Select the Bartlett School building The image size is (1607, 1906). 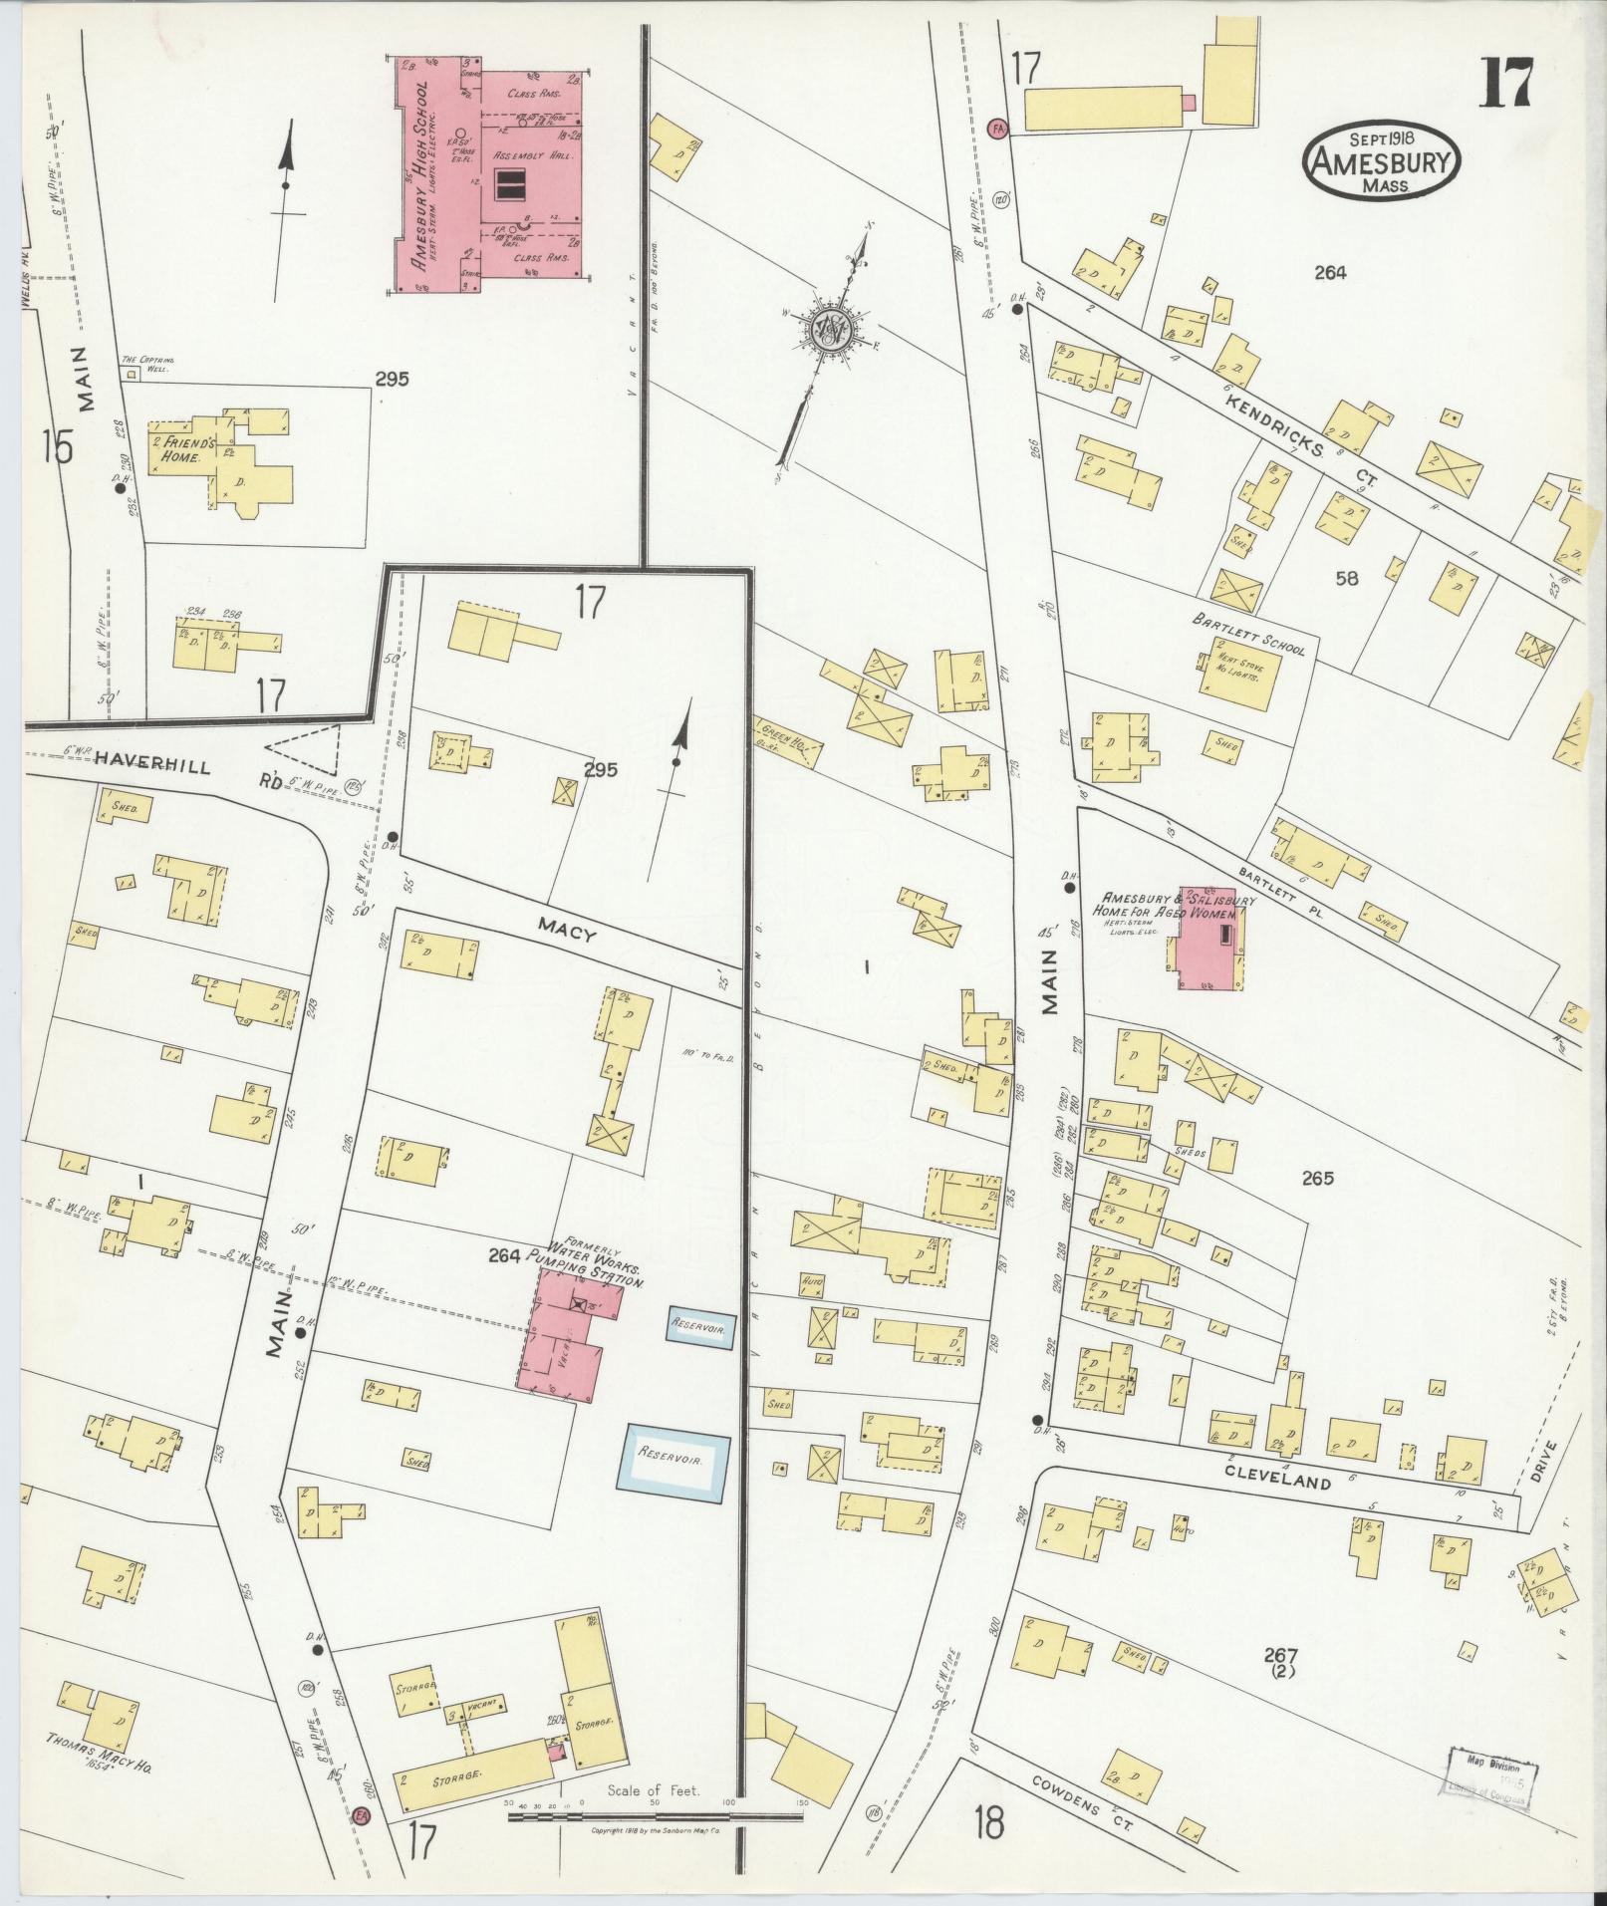click(x=1239, y=675)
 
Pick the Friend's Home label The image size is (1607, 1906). click(x=177, y=448)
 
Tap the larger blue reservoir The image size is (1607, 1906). click(x=676, y=1461)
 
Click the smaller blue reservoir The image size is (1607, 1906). click(x=700, y=1328)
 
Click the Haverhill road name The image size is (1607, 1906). click(x=152, y=765)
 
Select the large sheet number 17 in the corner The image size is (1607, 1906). click(x=1505, y=82)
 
